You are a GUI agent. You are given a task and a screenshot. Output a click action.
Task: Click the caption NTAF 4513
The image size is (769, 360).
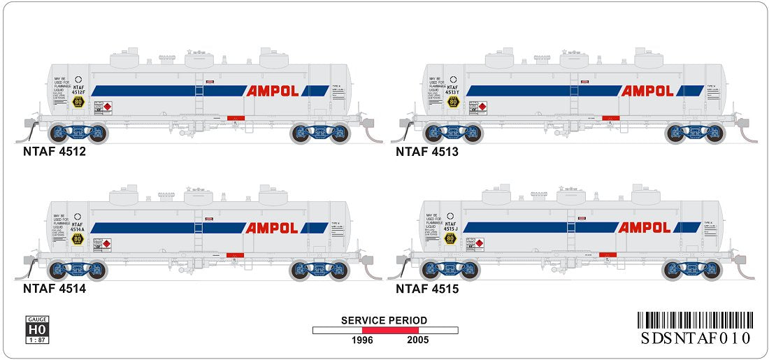(427, 151)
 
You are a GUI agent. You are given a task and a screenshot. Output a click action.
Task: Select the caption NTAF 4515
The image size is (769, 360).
(427, 287)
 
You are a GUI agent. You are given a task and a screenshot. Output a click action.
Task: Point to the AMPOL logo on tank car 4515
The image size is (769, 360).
(645, 227)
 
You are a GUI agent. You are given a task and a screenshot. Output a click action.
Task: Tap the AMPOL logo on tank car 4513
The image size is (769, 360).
(647, 91)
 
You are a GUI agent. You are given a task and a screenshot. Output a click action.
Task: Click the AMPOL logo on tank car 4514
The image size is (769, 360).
(272, 228)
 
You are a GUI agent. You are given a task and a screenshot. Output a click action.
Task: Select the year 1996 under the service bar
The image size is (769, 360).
(362, 340)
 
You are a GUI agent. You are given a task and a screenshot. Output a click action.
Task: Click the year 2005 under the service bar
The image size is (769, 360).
(417, 340)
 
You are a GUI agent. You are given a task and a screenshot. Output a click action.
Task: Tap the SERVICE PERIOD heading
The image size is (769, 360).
(384, 320)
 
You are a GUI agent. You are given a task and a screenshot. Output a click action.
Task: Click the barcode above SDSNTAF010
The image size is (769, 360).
(696, 321)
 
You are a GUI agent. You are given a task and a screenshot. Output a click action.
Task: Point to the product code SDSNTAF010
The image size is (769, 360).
(696, 338)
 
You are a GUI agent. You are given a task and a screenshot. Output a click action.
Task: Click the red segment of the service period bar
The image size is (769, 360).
(390, 330)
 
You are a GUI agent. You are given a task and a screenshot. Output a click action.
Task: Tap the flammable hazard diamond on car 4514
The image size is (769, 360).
(107, 245)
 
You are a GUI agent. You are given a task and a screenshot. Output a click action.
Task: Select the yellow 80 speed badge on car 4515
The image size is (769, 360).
(451, 239)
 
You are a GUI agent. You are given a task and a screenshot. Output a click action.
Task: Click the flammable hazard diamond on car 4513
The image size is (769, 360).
(482, 108)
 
